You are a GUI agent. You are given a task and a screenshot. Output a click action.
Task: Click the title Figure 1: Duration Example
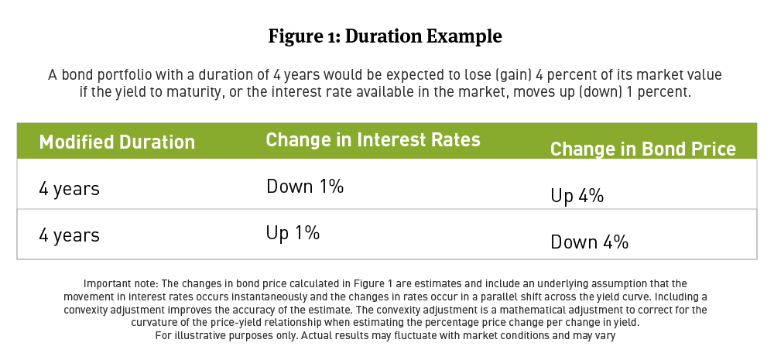tap(385, 36)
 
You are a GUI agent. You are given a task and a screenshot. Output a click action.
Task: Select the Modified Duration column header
tap(117, 142)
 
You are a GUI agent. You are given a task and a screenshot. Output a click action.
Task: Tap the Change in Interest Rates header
tap(373, 140)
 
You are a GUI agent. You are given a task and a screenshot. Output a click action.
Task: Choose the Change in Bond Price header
tap(642, 149)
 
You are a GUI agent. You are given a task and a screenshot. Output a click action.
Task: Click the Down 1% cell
tap(305, 186)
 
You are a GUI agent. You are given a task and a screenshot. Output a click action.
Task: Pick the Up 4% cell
tap(577, 196)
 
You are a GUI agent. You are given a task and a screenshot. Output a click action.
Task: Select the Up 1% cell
tap(293, 232)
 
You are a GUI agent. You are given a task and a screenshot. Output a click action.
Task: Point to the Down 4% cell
tap(589, 242)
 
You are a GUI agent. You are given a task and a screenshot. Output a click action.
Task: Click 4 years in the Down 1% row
tap(70, 188)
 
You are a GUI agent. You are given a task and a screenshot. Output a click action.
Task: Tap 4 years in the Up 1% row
tap(70, 235)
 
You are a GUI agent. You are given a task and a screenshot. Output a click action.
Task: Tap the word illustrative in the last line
tap(202, 336)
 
